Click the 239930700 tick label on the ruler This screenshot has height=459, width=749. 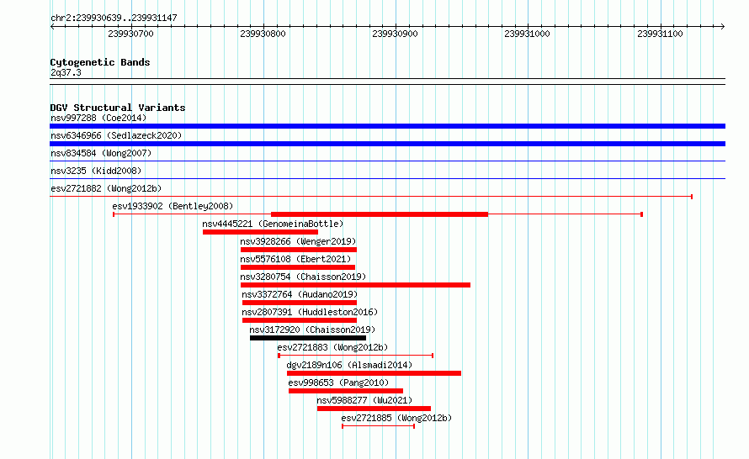(x=130, y=34)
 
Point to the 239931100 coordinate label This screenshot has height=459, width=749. (x=660, y=34)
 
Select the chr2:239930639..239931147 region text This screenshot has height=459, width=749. (x=114, y=18)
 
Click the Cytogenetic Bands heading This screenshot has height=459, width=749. (x=100, y=62)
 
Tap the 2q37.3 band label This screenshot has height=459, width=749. (x=66, y=72)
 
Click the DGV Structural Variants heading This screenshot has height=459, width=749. (x=118, y=108)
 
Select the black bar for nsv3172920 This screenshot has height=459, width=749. (x=308, y=338)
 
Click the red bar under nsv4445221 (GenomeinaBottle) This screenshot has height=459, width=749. (x=260, y=232)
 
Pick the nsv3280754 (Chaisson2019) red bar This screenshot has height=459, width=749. (x=355, y=285)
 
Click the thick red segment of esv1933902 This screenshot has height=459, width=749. (x=380, y=214)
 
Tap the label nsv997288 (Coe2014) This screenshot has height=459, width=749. (x=98, y=118)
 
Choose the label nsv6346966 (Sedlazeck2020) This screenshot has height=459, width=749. (x=116, y=135)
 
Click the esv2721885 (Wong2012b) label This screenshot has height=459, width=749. (x=396, y=418)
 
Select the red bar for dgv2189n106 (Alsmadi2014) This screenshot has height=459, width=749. (x=374, y=373)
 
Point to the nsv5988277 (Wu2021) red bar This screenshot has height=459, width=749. (x=374, y=409)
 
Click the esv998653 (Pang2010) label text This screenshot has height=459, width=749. (x=338, y=382)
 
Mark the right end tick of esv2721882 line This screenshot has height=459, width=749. (x=692, y=197)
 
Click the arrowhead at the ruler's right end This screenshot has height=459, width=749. (x=723, y=27)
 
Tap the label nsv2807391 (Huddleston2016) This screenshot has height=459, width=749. (x=310, y=312)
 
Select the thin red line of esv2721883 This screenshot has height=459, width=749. (x=355, y=356)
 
